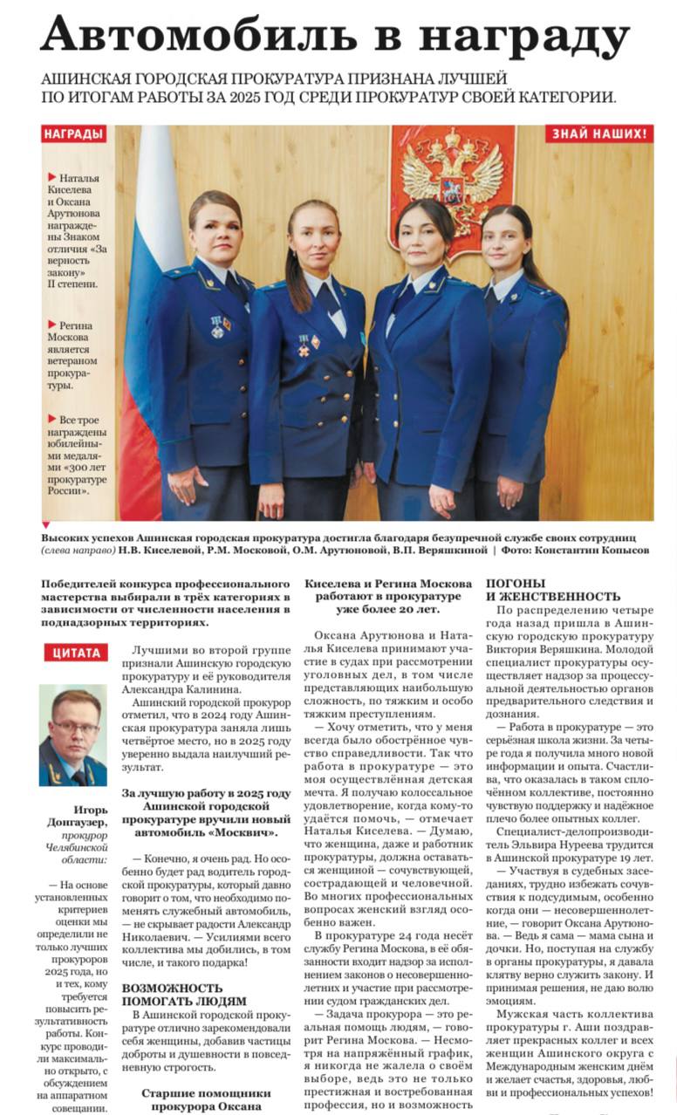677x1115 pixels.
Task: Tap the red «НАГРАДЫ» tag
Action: (74, 134)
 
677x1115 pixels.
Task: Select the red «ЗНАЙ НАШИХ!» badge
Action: (598, 134)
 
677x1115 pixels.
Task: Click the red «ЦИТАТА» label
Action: (76, 653)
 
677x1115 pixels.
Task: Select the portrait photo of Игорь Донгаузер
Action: (72, 735)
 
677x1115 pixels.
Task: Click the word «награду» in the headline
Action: (523, 37)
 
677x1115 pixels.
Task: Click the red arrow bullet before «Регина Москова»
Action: (52, 325)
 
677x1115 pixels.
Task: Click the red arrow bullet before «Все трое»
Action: (52, 420)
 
